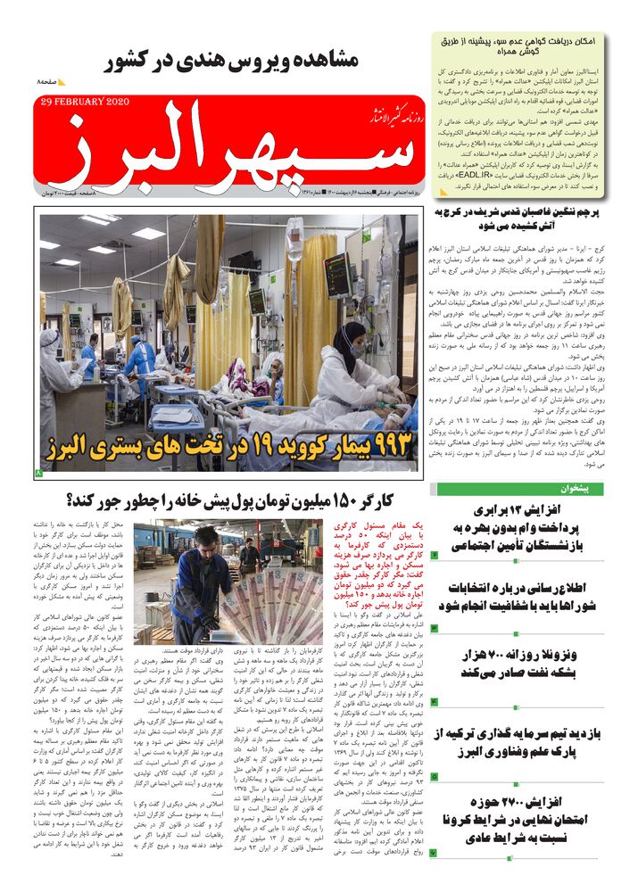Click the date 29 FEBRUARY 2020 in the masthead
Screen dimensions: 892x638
coord(86,102)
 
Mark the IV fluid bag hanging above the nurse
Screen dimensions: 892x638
coord(295,241)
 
